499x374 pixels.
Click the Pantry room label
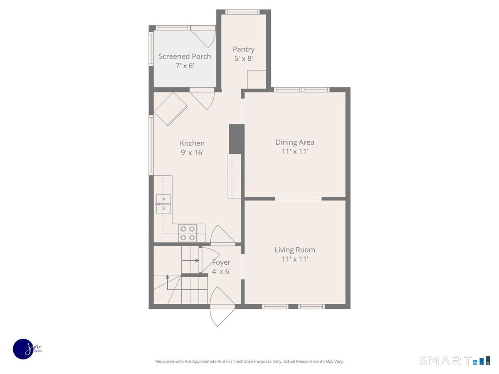tap(244, 49)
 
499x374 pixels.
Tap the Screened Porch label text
tap(185, 57)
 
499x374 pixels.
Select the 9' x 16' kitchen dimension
tap(192, 153)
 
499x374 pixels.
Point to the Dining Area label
tap(295, 142)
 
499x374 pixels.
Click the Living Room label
tap(295, 250)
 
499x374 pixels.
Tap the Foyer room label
tap(221, 262)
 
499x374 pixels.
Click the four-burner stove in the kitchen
tap(188, 233)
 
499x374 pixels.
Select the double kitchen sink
tap(163, 204)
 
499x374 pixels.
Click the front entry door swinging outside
tap(222, 307)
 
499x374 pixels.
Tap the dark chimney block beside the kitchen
tap(237, 139)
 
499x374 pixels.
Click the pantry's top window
tap(242, 12)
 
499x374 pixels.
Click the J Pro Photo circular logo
tap(24, 349)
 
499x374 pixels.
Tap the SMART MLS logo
tap(455, 360)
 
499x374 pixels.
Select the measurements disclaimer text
tap(249, 361)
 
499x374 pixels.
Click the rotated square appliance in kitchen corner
tap(171, 109)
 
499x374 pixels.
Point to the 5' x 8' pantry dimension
tap(244, 59)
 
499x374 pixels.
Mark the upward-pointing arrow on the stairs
tap(168, 283)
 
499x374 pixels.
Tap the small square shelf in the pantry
tap(257, 79)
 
